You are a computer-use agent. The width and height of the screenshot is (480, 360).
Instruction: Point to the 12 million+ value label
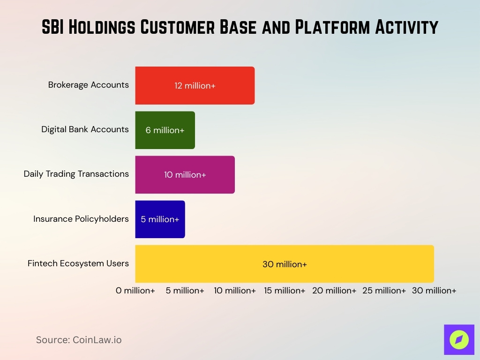coord(195,86)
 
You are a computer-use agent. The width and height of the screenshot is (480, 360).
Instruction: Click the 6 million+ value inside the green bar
coord(165,130)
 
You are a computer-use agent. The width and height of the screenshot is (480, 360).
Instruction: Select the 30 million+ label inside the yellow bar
coord(285,264)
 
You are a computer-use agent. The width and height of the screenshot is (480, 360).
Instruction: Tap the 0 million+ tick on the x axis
coord(135,291)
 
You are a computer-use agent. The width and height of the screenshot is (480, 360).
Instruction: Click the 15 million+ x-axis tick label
coord(285,291)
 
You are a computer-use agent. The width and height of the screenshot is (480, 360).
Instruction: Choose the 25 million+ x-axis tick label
coord(384,291)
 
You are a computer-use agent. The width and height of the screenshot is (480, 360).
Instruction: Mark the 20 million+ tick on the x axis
coord(334,291)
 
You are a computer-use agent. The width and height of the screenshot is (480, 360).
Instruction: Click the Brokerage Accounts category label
coord(88,85)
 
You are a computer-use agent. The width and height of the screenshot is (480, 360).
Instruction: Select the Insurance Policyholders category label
coord(81,219)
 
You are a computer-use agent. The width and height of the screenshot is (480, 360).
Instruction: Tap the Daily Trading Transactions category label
coord(76,174)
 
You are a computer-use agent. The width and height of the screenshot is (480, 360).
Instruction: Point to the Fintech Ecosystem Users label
coord(78,263)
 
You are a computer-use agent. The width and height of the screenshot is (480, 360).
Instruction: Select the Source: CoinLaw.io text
coord(79,340)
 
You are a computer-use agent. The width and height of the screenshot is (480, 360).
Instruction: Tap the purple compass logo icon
coord(459,339)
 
